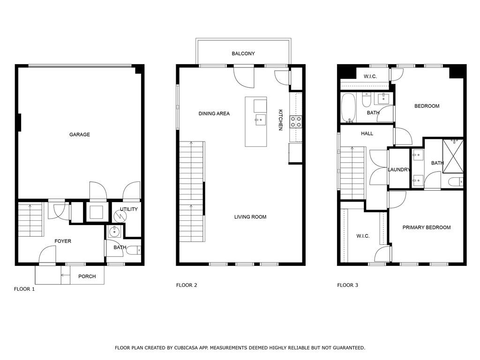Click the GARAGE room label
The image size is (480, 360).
click(x=80, y=135)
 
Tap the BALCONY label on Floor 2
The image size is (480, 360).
click(x=243, y=53)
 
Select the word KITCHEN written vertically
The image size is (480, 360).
click(x=280, y=120)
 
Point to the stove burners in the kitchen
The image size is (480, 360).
click(x=296, y=121)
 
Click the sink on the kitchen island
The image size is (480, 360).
click(x=261, y=120)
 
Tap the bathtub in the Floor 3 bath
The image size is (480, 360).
click(x=349, y=107)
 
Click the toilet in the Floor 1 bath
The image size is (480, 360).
click(x=134, y=250)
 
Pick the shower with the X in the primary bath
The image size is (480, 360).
click(x=453, y=157)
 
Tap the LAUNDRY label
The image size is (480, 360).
click(x=398, y=170)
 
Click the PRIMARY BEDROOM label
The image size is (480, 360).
click(x=427, y=227)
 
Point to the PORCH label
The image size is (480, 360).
click(x=87, y=277)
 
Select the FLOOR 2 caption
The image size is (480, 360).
click(x=187, y=285)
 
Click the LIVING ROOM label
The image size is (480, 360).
click(x=250, y=217)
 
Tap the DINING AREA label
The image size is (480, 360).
click(x=214, y=113)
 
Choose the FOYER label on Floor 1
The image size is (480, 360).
click(x=63, y=241)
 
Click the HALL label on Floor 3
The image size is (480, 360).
click(x=367, y=134)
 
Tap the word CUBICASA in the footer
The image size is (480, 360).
click(x=186, y=348)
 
